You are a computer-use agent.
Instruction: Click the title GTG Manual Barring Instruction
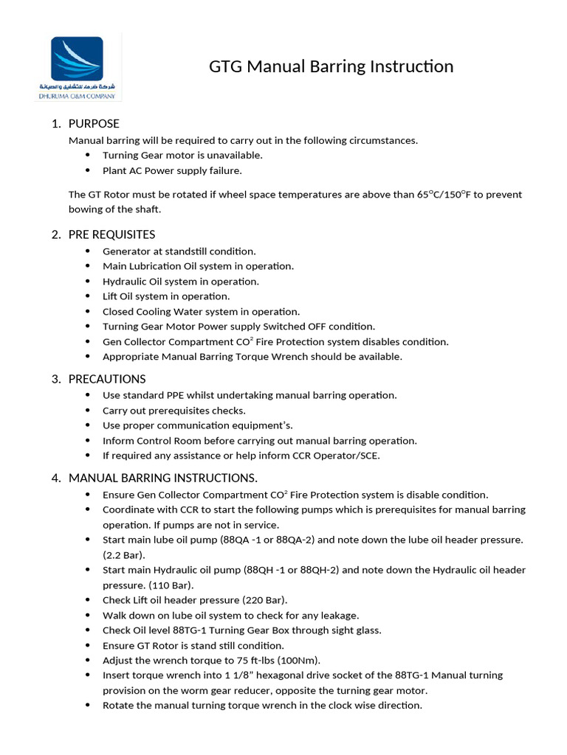pyautogui.click(x=331, y=67)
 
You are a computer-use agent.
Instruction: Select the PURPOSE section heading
pyautogui.click(x=94, y=123)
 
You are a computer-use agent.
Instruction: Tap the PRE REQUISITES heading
pyautogui.click(x=111, y=234)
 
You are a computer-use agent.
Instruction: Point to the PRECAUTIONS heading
pyautogui.click(x=107, y=379)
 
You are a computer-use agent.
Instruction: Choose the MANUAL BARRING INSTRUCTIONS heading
pyautogui.click(x=162, y=478)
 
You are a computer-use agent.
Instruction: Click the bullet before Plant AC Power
pyautogui.click(x=88, y=170)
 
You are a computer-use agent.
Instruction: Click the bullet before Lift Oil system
pyautogui.click(x=88, y=296)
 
